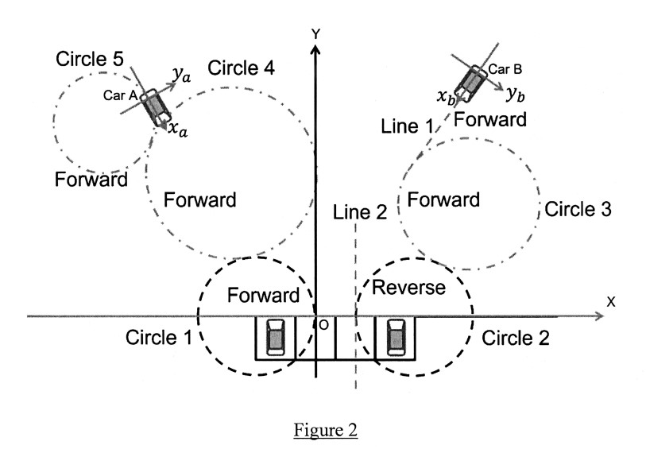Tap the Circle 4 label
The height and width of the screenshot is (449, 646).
(x=241, y=68)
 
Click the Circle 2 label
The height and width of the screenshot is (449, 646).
(x=514, y=338)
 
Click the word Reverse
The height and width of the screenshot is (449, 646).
(x=409, y=287)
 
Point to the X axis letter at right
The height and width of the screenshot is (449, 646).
(x=611, y=302)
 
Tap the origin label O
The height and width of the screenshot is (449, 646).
(x=323, y=325)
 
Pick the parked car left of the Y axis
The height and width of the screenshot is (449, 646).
(x=275, y=336)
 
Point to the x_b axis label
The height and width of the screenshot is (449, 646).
(x=446, y=96)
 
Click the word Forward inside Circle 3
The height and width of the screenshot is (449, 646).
(x=443, y=199)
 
